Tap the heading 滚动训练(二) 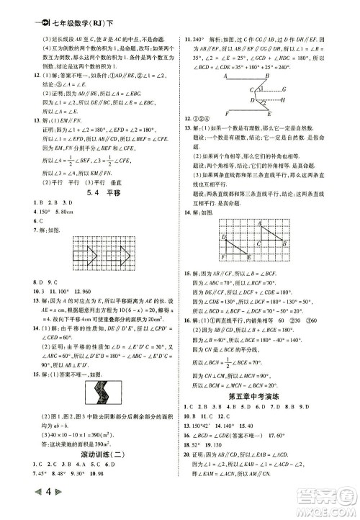point(91,464)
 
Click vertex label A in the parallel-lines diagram point(225,75)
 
